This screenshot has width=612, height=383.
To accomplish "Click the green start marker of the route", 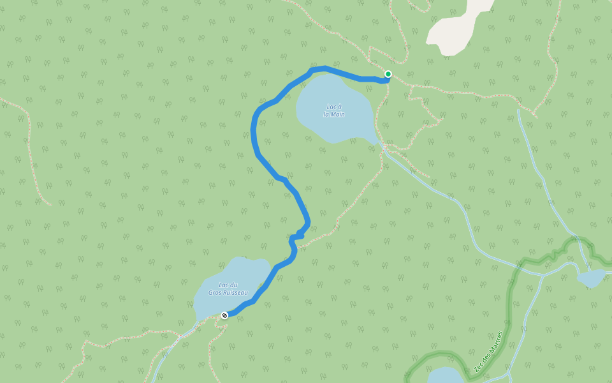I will click(388, 74).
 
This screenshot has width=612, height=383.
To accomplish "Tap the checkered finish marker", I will click(224, 315).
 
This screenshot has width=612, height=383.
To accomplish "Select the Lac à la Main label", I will click(333, 110).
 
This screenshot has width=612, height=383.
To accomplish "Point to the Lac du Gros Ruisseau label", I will click(228, 289).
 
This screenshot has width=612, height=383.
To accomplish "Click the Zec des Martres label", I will click(489, 352).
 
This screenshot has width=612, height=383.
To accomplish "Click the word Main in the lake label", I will click(333, 115).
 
